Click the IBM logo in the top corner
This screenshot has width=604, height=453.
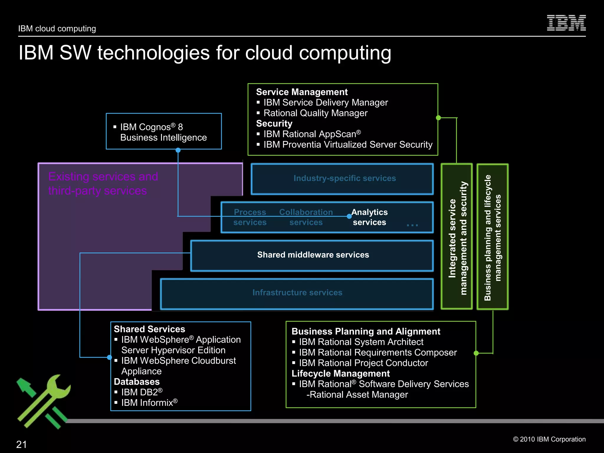pos(566,23)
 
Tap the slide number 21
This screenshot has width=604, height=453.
pos(22,444)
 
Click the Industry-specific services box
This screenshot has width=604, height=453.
pos(342,179)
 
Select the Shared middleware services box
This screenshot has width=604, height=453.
pos(312,255)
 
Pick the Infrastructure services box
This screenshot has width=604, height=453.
pos(297,293)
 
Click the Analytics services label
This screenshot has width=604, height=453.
pos(369,217)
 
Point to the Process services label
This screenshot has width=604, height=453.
pos(250,217)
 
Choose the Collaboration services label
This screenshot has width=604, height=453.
pos(306,217)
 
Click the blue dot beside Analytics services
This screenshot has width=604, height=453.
pos(349,216)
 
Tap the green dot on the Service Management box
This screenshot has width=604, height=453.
pos(438,118)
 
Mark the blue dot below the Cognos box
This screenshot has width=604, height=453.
pos(178,150)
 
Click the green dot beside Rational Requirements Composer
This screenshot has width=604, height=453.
pos(476,353)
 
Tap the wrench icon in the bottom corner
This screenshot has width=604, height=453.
pos(44,401)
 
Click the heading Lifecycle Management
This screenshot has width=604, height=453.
pos(340,374)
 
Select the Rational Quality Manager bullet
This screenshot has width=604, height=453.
pos(315,113)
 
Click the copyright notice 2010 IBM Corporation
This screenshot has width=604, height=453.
pos(549,439)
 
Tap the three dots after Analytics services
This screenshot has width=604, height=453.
pos(412,225)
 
